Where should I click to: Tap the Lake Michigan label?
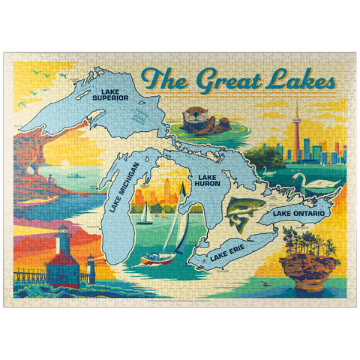click(125, 187)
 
